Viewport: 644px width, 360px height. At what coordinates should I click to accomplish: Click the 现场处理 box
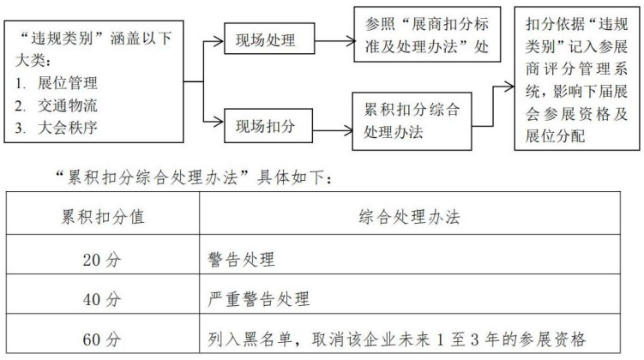(x=266, y=39)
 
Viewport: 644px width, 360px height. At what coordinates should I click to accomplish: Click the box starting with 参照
(x=426, y=34)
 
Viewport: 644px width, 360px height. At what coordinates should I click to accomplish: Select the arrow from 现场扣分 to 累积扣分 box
(x=331, y=127)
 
